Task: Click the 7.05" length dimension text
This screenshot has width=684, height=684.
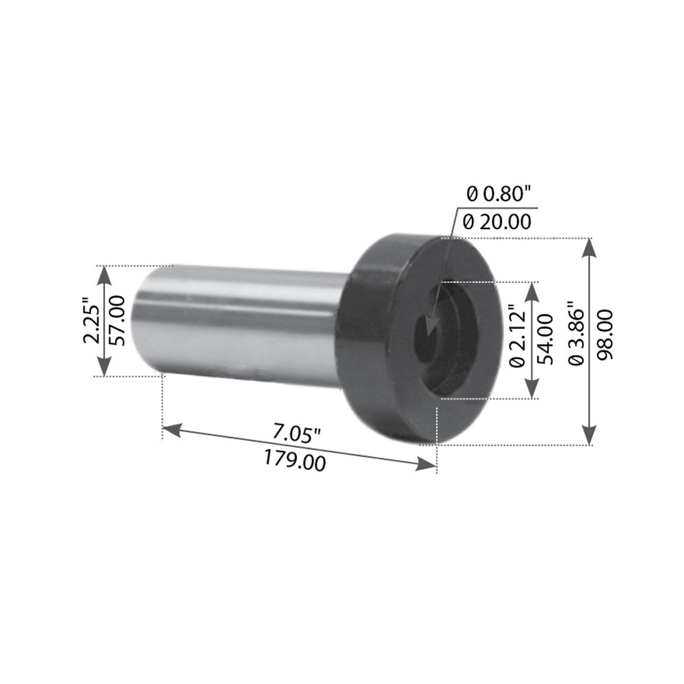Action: (x=297, y=433)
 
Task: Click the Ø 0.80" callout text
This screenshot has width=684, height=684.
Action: (x=499, y=194)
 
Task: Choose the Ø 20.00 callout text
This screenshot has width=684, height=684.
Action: (x=497, y=222)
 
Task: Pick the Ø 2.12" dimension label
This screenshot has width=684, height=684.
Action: (x=518, y=339)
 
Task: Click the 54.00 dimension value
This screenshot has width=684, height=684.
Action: (x=545, y=339)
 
